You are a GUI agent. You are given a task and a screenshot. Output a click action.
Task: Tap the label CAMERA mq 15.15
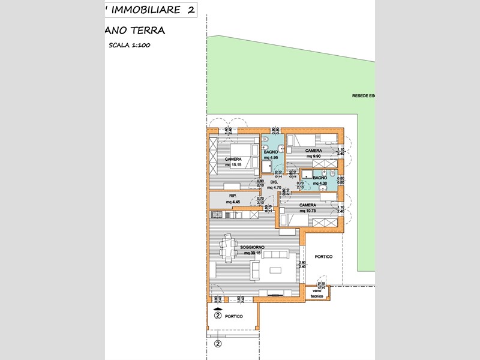tap(233, 161)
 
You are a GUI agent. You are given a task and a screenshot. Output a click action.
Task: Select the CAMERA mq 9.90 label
tap(313, 153)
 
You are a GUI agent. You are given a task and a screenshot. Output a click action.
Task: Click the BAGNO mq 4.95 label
tap(271, 155)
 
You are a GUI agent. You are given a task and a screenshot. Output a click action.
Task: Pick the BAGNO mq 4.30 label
tap(320, 181)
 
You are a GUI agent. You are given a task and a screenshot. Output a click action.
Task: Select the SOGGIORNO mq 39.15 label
tap(253, 250)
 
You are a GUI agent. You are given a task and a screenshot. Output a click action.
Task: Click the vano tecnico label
tap(317, 293)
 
